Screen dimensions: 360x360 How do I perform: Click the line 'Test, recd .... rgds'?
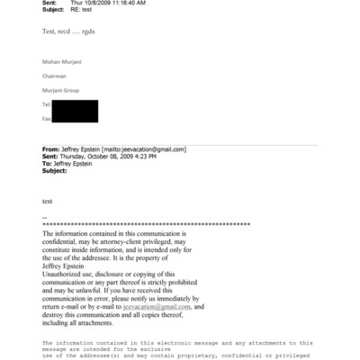coord(69,31)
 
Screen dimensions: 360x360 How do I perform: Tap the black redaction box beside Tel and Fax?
coord(75,112)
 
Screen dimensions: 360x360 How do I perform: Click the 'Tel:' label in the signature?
coord(47,104)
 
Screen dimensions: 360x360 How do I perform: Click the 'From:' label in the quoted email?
coord(51,148)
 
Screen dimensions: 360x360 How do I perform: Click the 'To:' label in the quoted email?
coord(48,163)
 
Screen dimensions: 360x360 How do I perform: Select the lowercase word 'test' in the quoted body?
coord(48,202)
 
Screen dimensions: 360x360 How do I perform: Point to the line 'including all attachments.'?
coord(82,322)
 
